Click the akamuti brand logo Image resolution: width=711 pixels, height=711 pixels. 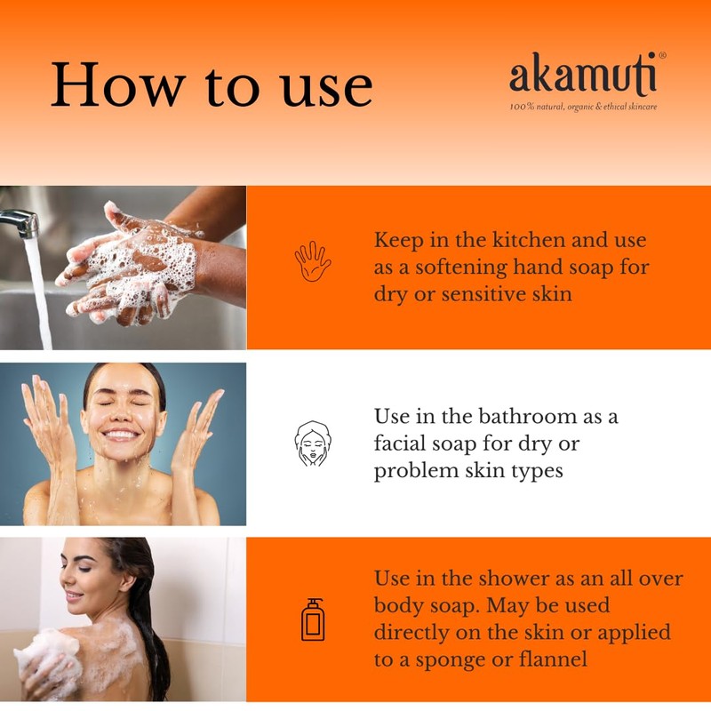click(x=583, y=76)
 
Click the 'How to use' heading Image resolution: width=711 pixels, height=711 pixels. click(x=211, y=85)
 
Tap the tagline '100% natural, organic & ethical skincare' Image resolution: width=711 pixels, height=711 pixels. click(x=583, y=108)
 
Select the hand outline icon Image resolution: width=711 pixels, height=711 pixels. click(x=312, y=261)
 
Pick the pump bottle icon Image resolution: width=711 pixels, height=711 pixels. click(x=312, y=619)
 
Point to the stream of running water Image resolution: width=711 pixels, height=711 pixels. click(x=37, y=293)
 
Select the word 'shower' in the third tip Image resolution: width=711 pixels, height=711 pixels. click(x=499, y=578)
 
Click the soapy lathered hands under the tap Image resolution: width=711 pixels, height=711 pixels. click(x=133, y=267)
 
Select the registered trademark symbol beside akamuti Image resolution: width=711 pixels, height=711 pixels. click(x=662, y=56)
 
